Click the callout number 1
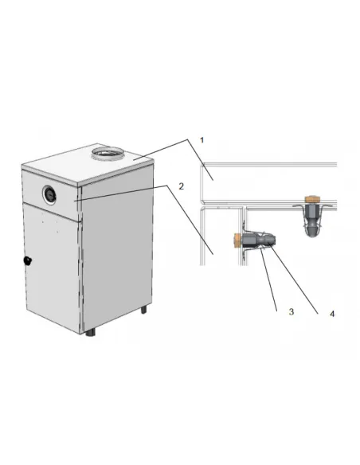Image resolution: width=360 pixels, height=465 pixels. [202, 140]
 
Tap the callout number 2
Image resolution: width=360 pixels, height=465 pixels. [181, 186]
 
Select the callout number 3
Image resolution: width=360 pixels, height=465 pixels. [292, 311]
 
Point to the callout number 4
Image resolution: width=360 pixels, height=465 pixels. [332, 314]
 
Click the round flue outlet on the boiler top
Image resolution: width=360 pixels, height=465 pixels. [108, 153]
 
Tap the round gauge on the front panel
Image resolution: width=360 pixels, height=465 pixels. [49, 194]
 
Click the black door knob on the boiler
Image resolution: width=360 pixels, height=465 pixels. [28, 260]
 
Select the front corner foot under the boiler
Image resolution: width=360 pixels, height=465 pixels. [91, 333]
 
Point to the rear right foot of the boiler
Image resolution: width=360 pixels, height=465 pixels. [143, 310]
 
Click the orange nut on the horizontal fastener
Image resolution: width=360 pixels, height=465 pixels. [238, 240]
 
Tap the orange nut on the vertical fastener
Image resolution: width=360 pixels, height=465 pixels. [311, 199]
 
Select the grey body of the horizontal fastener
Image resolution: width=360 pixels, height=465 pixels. [259, 240]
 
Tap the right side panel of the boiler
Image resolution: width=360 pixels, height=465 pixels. [117, 249]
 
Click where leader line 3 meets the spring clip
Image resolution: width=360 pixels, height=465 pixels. [261, 249]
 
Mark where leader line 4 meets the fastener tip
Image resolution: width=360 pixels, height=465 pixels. [270, 244]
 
